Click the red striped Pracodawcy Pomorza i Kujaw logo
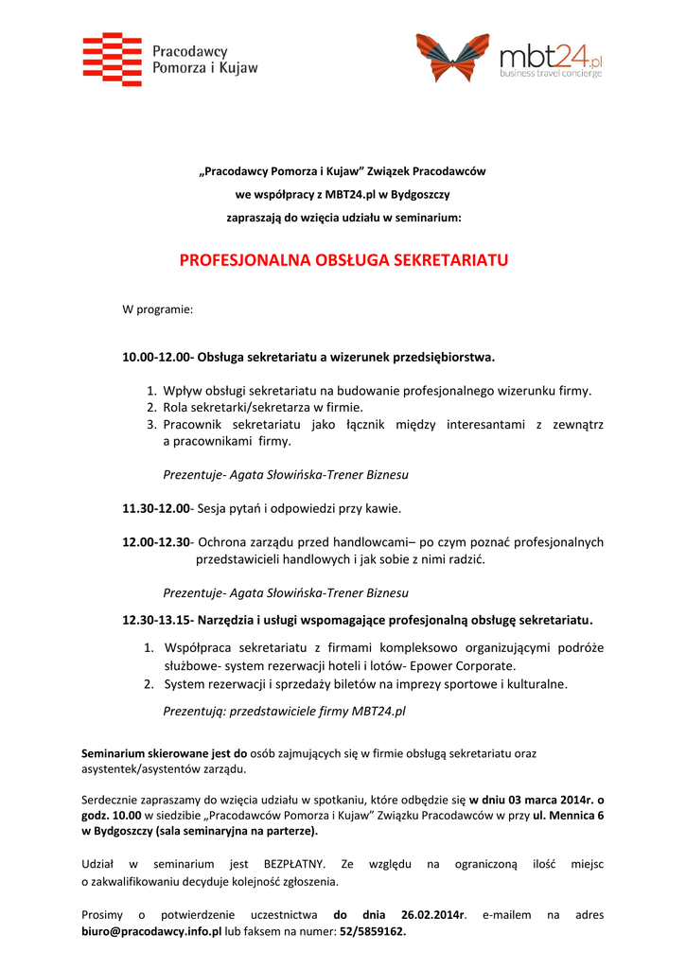click(x=113, y=59)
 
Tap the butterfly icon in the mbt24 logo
click(x=453, y=58)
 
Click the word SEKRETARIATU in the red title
click(x=450, y=259)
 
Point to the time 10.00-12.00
click(x=155, y=358)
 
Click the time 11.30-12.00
click(x=155, y=508)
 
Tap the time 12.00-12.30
click(x=155, y=542)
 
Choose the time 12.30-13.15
click(x=155, y=620)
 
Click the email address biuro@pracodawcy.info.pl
click(x=151, y=931)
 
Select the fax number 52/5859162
click(x=372, y=931)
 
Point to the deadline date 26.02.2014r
click(x=434, y=915)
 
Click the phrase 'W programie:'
click(x=158, y=309)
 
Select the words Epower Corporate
click(x=466, y=665)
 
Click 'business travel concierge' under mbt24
click(x=551, y=73)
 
